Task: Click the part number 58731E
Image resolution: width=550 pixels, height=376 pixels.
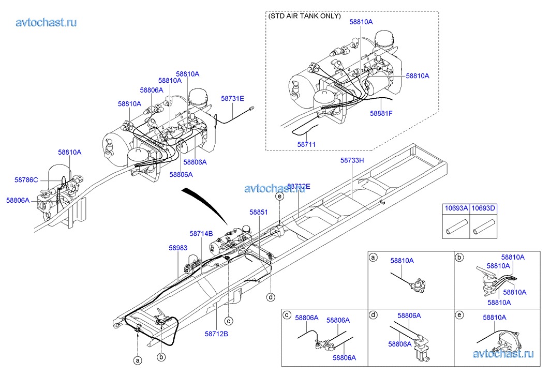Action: (232, 99)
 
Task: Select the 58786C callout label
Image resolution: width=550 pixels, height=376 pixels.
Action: (26, 180)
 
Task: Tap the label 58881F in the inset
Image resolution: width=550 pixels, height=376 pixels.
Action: (381, 113)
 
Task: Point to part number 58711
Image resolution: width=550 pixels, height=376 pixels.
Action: (306, 144)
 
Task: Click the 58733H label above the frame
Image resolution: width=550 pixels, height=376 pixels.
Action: (352, 160)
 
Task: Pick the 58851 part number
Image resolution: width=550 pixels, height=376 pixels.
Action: (259, 212)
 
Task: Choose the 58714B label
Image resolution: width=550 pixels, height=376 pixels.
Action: (201, 234)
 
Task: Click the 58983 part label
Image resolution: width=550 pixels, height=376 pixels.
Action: (178, 248)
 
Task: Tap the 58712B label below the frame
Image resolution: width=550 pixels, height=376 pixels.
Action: (216, 334)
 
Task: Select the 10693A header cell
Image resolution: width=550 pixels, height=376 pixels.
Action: (456, 208)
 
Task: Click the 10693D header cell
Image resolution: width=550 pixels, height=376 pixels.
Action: (483, 208)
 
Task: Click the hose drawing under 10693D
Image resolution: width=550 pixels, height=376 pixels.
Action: (483, 227)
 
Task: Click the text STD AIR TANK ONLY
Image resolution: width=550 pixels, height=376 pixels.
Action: (304, 16)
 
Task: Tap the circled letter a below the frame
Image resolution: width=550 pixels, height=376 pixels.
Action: (138, 360)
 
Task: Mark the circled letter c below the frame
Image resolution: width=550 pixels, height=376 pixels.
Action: (229, 321)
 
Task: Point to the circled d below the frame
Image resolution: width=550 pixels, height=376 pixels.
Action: (271, 297)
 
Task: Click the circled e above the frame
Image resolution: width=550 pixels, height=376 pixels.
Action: (279, 197)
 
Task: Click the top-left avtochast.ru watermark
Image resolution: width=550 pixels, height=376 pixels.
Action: (46, 22)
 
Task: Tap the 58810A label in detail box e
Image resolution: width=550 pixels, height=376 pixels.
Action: (495, 318)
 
